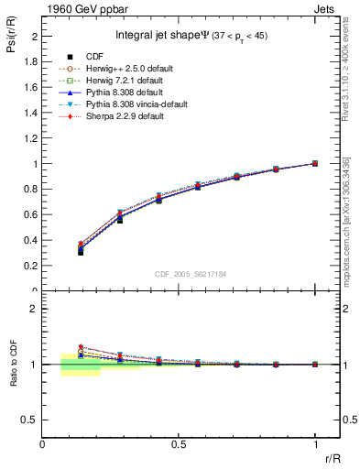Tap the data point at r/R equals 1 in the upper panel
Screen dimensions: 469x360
coord(315,163)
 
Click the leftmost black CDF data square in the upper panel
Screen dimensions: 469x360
coord(81,252)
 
